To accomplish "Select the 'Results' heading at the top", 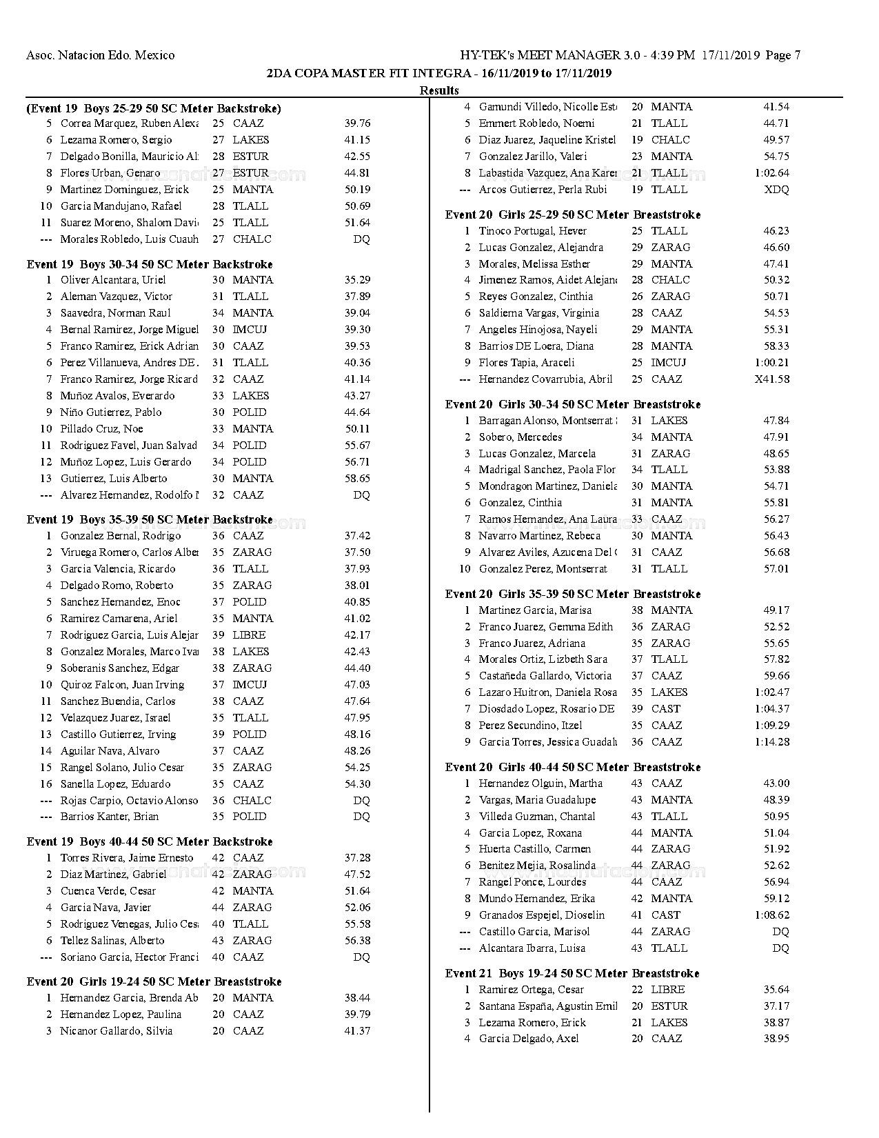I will tap(439, 90).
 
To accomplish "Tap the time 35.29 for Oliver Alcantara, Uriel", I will tap(357, 280).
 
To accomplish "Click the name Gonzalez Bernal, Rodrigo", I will tap(121, 536).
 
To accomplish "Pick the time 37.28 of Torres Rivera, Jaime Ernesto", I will tap(357, 858).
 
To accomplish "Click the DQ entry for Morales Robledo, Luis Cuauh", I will tap(361, 239).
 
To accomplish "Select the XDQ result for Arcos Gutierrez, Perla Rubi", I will tap(777, 190).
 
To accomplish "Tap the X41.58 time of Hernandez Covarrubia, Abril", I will tap(772, 379).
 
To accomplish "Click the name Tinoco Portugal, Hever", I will tap(533, 231).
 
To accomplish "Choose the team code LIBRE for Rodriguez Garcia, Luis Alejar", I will tap(249, 635).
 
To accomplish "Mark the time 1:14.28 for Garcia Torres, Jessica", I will tap(772, 742).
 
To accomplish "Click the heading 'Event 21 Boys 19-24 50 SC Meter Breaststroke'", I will tap(572, 973).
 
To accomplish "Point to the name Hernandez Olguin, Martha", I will tap(540, 783).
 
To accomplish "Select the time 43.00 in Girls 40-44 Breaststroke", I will tap(776, 783).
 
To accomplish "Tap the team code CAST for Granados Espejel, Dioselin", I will tap(665, 915).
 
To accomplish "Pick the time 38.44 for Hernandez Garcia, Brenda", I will tap(357, 998).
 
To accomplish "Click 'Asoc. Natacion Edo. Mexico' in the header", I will tap(101, 56).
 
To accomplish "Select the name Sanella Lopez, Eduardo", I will tap(115, 784).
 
